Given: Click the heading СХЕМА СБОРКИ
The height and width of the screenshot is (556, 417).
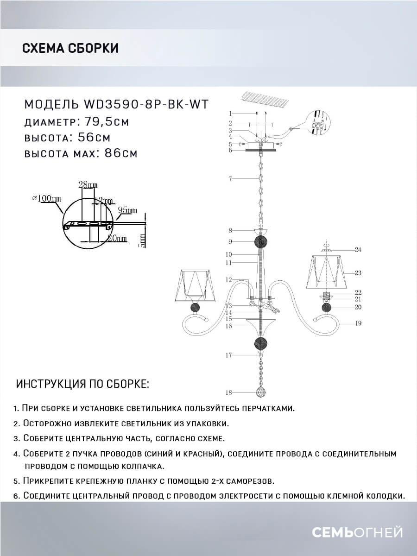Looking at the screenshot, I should click(x=70, y=48).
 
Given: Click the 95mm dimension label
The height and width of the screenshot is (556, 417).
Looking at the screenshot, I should click(x=127, y=210).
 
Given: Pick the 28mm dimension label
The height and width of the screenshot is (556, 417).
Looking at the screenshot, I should click(x=88, y=185).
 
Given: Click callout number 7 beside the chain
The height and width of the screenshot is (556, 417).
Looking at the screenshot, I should click(x=230, y=178).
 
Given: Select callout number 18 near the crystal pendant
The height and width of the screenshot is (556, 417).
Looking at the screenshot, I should click(x=228, y=393).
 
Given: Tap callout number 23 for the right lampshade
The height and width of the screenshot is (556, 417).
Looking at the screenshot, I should click(x=358, y=273).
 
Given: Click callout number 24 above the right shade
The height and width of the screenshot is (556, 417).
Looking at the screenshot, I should click(x=358, y=250).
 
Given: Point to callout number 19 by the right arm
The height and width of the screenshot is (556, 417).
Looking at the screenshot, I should click(x=358, y=323).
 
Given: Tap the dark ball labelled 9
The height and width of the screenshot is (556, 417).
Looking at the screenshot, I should click(x=261, y=242).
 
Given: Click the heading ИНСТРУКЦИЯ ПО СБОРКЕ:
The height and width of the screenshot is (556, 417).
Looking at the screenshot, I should click(x=82, y=384).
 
